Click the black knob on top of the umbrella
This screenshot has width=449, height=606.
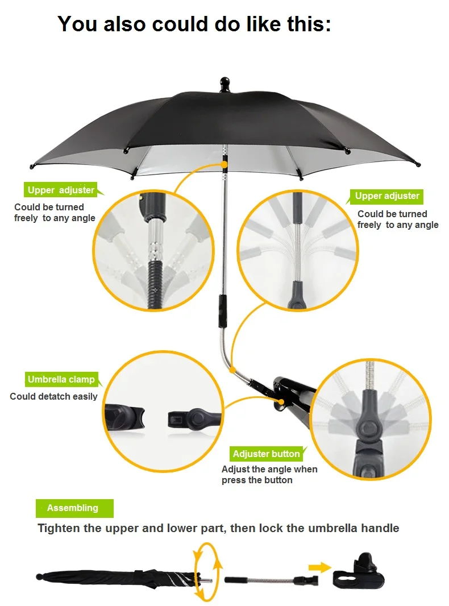224,83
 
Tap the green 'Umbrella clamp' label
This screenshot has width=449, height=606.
61,379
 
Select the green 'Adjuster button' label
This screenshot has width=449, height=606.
266,454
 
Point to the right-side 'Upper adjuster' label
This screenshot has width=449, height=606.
387,196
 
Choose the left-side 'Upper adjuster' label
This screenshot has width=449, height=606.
61,190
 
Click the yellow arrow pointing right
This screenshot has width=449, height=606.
319,567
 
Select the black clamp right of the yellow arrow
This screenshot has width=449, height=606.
358,574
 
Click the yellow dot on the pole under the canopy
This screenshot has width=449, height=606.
225,165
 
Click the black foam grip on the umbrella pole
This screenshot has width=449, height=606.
223,310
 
